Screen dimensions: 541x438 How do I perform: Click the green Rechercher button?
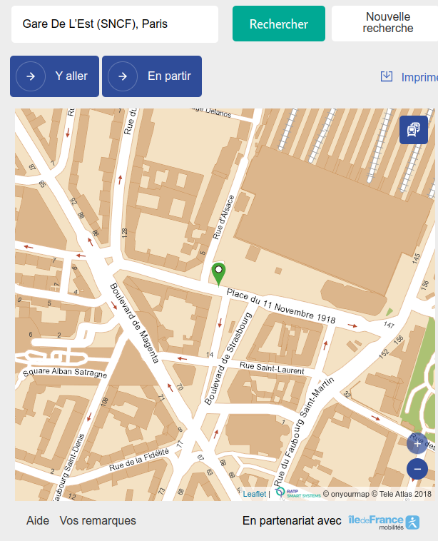(x=278, y=24)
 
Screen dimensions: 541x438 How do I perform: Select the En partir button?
(x=152, y=76)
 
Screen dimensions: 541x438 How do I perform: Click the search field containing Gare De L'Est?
(x=114, y=24)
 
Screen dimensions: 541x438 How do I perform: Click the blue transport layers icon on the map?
(x=413, y=130)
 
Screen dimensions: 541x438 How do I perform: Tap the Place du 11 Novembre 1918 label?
(x=281, y=305)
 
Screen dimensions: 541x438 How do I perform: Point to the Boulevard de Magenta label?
(x=133, y=323)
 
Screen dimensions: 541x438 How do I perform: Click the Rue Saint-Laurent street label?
(x=272, y=368)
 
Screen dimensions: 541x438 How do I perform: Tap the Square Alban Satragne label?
(x=64, y=373)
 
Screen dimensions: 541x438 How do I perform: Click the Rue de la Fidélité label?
(x=139, y=462)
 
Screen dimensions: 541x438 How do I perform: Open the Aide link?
(x=38, y=521)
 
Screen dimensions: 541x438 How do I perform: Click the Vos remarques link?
(x=98, y=521)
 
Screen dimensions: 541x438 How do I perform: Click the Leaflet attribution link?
(x=254, y=493)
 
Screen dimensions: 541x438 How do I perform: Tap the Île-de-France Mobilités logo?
(x=376, y=522)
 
